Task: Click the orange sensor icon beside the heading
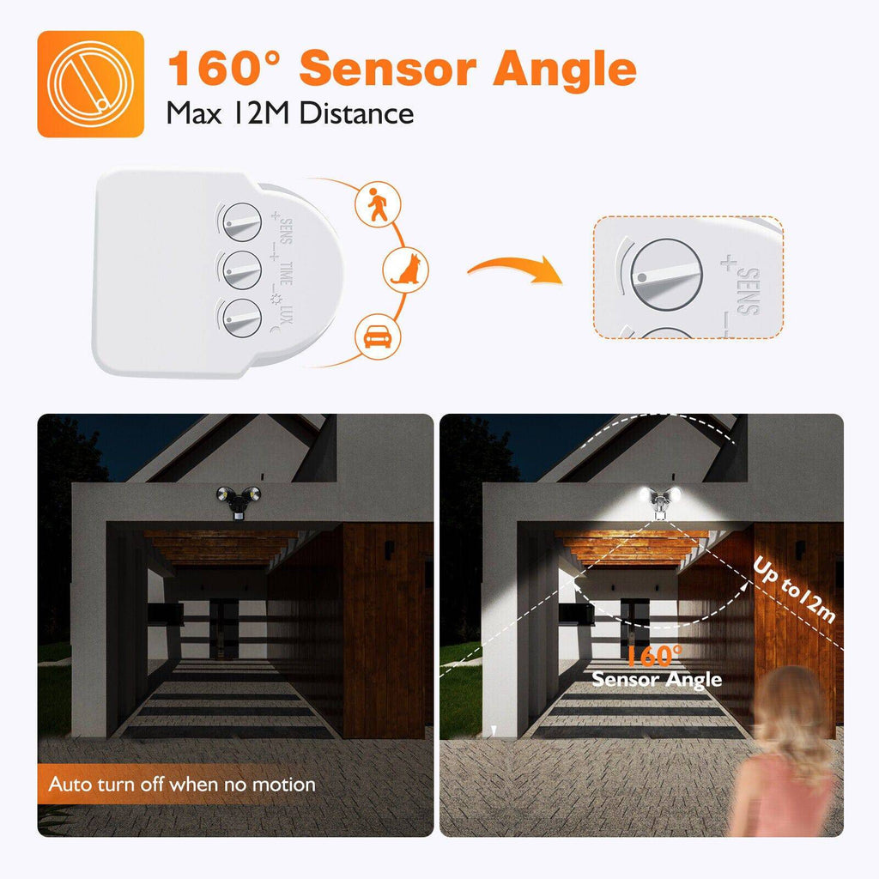[90, 84]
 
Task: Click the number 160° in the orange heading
[226, 69]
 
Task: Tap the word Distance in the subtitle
[356, 112]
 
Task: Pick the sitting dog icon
[405, 268]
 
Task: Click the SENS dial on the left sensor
[241, 225]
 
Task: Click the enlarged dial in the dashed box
[666, 275]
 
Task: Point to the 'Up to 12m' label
[793, 591]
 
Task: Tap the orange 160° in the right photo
[655, 657]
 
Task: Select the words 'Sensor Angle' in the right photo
[657, 680]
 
